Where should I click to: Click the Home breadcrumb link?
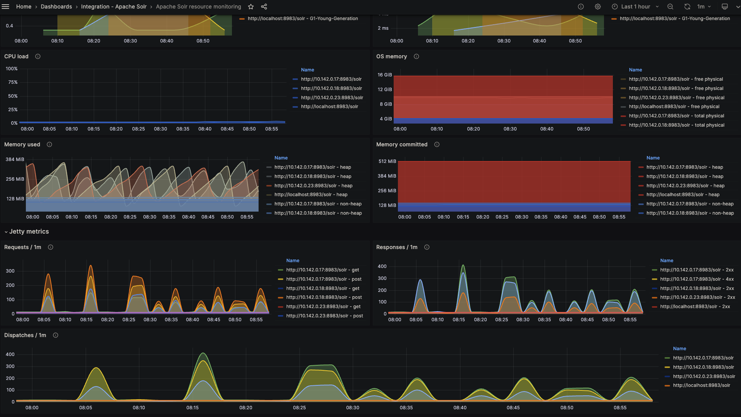(x=24, y=7)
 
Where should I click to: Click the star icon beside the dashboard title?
(x=251, y=7)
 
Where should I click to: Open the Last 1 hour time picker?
(x=635, y=7)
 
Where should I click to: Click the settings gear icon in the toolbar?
(x=598, y=7)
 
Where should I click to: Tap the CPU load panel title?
(x=16, y=56)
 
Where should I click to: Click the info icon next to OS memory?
(x=416, y=56)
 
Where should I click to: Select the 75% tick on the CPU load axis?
(x=13, y=82)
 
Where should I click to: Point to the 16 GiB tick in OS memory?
(x=385, y=75)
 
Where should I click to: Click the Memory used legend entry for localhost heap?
(x=311, y=195)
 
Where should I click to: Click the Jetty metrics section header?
(x=29, y=232)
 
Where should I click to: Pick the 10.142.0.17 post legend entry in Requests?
(x=323, y=279)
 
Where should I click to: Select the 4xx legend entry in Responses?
(x=697, y=279)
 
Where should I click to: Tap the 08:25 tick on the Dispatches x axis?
(x=299, y=408)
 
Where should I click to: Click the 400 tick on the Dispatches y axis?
(x=10, y=354)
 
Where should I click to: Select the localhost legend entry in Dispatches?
(x=701, y=385)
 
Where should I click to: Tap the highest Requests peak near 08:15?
(x=91, y=266)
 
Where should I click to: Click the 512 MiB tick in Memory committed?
(x=387, y=161)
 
